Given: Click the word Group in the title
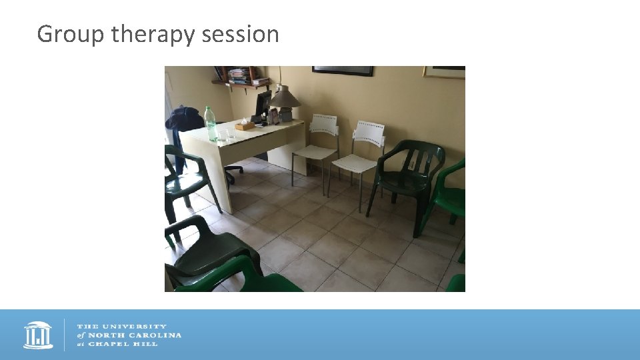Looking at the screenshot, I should click(71, 33).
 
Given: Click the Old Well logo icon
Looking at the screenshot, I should click(38, 335).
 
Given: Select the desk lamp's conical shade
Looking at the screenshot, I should click(285, 97).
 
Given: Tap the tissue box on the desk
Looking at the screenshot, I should click(245, 125).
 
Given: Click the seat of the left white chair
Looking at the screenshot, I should click(313, 152).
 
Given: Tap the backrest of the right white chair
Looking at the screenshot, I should click(369, 131).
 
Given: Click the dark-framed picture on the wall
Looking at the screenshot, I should click(343, 70).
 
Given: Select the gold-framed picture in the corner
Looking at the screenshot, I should click(444, 72).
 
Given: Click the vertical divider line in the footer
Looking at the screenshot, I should click(65, 335).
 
